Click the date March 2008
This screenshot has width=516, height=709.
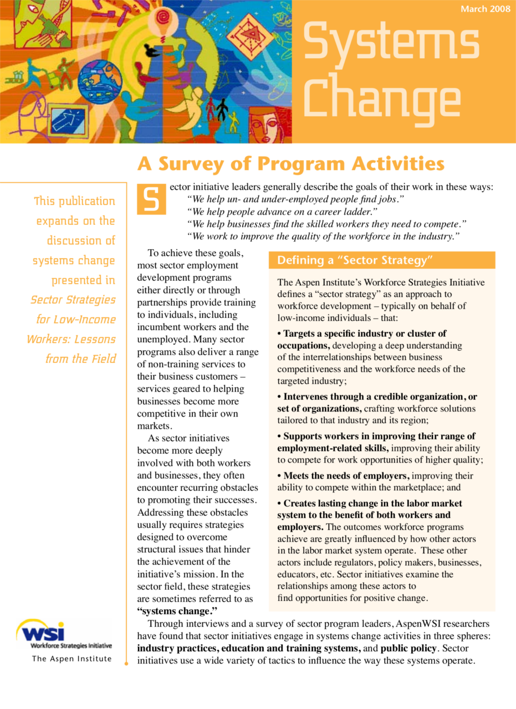tap(485, 9)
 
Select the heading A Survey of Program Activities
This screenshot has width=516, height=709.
tap(291, 164)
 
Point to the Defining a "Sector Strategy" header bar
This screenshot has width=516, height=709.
tap(381, 260)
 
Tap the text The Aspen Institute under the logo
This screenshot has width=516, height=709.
tap(71, 659)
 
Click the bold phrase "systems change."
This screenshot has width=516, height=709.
tap(177, 611)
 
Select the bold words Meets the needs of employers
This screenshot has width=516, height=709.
tap(346, 476)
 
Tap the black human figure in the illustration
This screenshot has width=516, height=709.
tap(222, 109)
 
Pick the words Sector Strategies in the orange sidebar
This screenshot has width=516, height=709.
tap(73, 300)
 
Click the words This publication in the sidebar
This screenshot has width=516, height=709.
tap(74, 201)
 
